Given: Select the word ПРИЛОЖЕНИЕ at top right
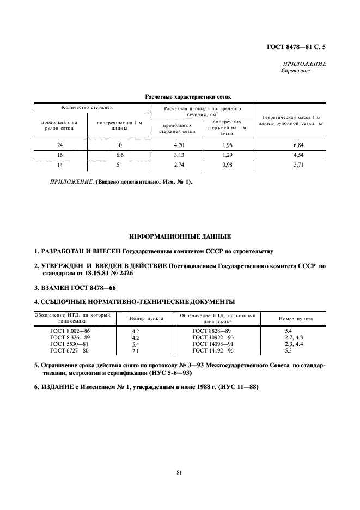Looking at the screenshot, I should coord(305,64).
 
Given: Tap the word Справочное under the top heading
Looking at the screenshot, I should coord(296,71).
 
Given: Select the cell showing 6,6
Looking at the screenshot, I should coord(119,155).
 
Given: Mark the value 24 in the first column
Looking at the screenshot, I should coord(60,145).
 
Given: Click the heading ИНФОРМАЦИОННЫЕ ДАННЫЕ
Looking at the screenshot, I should coord(179,237).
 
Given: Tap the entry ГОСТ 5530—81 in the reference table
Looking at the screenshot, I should coord(69,344).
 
